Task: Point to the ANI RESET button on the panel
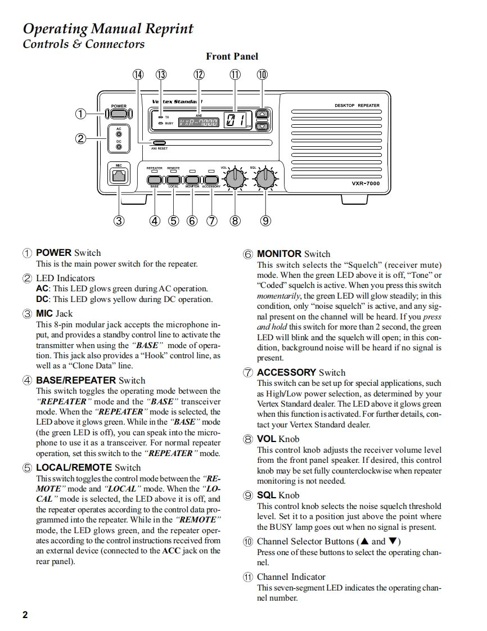pyautogui.click(x=160, y=143)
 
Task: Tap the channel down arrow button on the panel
pyautogui.click(x=261, y=127)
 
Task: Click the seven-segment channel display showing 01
pyautogui.click(x=236, y=120)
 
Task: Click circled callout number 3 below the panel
pyautogui.click(x=119, y=220)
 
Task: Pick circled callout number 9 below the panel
pyautogui.click(x=265, y=220)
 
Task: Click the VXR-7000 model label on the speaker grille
pyautogui.click(x=366, y=183)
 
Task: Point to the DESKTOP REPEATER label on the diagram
pyautogui.click(x=357, y=105)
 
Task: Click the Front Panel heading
pyautogui.click(x=232, y=56)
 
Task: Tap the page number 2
pyautogui.click(x=25, y=615)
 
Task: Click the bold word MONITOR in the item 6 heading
pyautogui.click(x=279, y=254)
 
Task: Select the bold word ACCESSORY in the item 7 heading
pyautogui.click(x=286, y=372)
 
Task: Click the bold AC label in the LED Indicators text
pyautogui.click(x=42, y=289)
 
